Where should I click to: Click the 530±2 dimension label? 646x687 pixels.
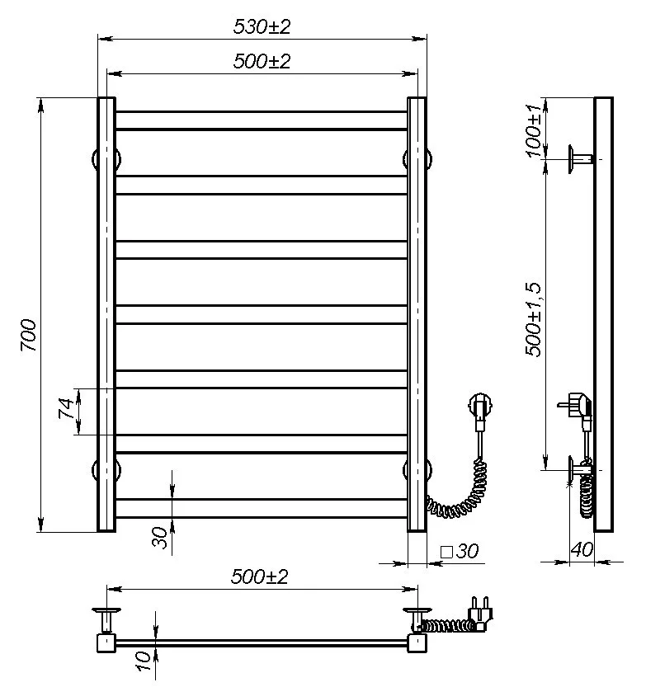(x=262, y=26)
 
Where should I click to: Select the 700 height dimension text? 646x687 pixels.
(x=29, y=335)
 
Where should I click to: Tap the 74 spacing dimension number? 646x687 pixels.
(x=67, y=408)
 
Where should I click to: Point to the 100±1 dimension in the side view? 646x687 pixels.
(x=535, y=130)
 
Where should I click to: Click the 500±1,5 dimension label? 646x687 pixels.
(x=533, y=320)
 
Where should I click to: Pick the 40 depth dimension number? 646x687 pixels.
(x=582, y=549)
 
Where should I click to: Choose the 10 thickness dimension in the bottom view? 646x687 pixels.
(x=144, y=661)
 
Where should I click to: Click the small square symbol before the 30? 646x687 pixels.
(x=446, y=552)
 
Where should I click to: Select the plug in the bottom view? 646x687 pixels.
(x=480, y=614)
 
